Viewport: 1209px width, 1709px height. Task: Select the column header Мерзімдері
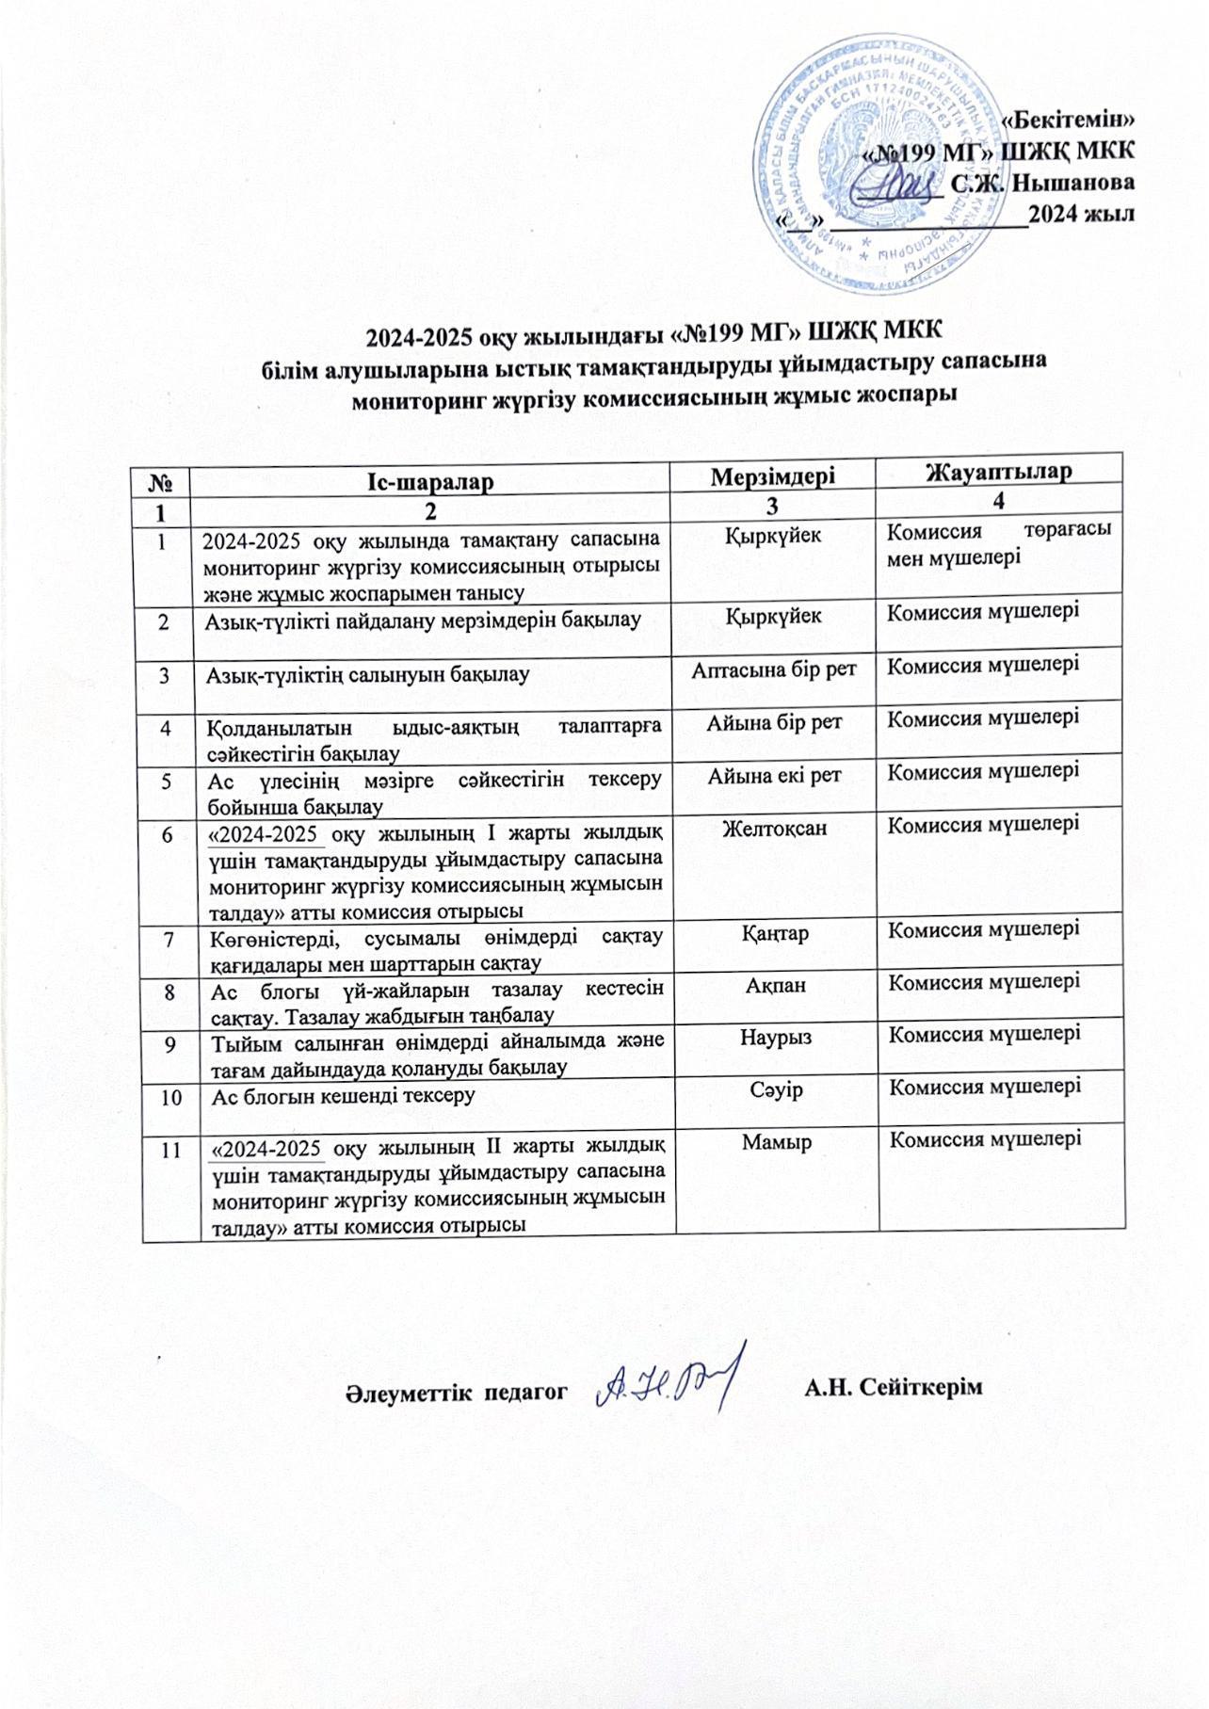pyautogui.click(x=772, y=476)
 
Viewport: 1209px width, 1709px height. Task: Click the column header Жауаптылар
pyautogui.click(x=999, y=471)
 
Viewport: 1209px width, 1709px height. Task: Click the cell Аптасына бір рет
pyautogui.click(x=774, y=669)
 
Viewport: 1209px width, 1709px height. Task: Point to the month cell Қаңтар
pyautogui.click(x=775, y=933)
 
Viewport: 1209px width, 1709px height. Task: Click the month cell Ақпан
pyautogui.click(x=775, y=986)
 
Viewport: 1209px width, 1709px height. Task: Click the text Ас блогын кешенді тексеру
pyautogui.click(x=342, y=1096)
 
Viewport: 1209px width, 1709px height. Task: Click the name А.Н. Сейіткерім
pyautogui.click(x=894, y=1388)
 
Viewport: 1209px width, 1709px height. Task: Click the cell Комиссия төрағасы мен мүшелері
pyautogui.click(x=998, y=543)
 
